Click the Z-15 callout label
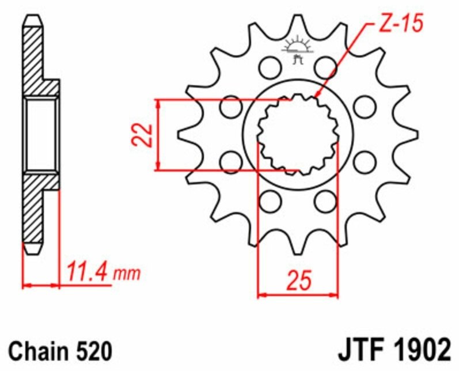[x=401, y=24]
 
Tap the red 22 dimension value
[x=142, y=135]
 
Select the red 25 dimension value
[x=299, y=281]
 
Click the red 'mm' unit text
[x=127, y=274]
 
